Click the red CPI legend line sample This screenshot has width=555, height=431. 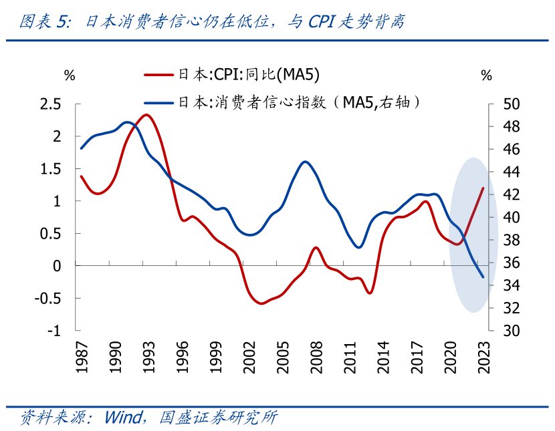[159, 75]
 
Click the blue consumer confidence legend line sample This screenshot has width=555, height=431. [159, 102]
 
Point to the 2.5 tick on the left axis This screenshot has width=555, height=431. [51, 104]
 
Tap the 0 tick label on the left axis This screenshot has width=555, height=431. [57, 266]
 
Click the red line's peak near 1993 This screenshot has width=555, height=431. [146, 115]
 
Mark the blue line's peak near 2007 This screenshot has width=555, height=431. [306, 162]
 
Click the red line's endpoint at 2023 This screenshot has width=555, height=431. [483, 188]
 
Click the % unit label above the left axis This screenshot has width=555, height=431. [70, 75]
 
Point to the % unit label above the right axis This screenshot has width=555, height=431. [486, 75]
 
